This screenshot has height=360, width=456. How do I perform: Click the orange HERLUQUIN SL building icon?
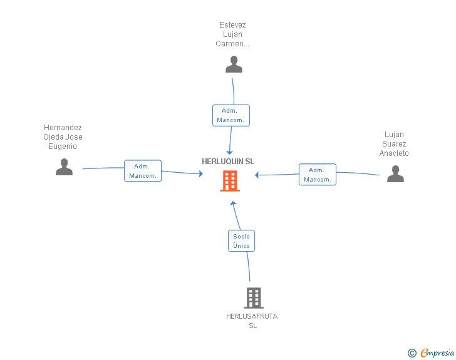pos(229,182)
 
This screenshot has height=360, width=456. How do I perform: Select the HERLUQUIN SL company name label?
pos(228,161)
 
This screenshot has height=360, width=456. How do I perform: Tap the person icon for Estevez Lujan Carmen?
pos(234,64)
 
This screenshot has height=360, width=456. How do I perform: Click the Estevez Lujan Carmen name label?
pos(232,34)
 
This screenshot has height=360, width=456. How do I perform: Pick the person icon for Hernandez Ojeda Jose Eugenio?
pos(64,167)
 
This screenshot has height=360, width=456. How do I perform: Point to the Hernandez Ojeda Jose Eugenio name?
pos(63,137)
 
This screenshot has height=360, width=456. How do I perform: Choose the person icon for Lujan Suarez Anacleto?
pos(395,173)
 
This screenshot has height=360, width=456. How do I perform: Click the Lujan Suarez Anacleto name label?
pos(394,144)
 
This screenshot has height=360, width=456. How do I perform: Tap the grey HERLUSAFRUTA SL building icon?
pos(253,298)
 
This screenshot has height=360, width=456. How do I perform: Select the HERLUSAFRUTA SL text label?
pos(252,321)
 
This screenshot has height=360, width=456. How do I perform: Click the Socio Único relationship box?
pos(241,241)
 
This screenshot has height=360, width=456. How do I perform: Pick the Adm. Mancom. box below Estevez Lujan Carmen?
pos(231,115)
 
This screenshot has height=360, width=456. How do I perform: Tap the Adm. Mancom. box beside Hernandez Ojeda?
pos(143,171)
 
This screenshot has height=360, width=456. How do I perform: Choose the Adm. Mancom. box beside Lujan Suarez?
pos(318,175)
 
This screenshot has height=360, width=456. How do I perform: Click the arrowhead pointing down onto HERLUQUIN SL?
pos(229,153)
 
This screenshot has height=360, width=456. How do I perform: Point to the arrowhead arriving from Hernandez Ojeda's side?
pos(200,174)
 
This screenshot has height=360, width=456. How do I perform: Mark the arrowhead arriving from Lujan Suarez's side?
pos(257,175)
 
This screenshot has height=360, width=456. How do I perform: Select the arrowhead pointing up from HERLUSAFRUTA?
pos(232,203)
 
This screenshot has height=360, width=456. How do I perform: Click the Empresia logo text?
pos(437,353)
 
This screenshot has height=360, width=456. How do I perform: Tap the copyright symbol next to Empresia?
pos(412,353)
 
